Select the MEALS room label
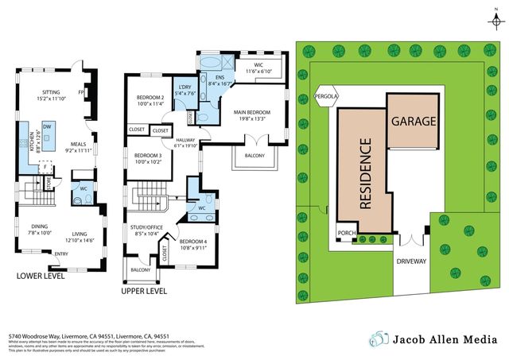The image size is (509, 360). [78, 143]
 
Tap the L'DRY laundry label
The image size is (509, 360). [185, 87]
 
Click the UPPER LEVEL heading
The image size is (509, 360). [144, 291]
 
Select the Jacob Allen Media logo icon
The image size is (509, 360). [380, 339]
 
